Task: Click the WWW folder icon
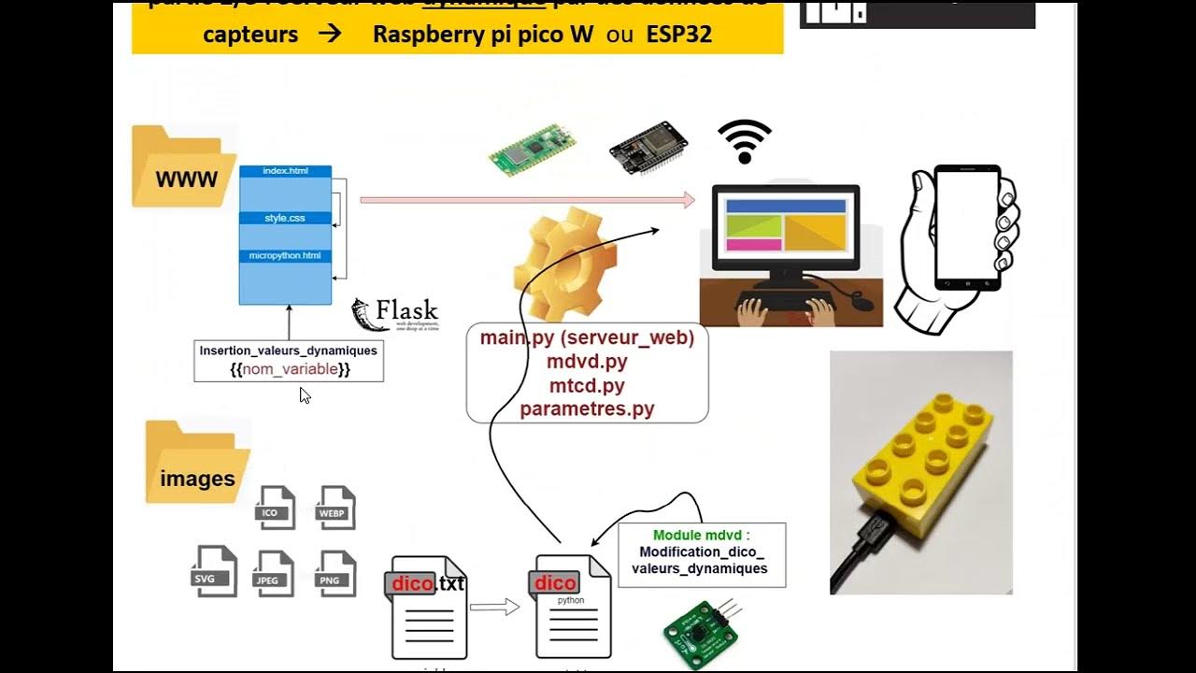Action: point(183,168)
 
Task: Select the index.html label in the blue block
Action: point(284,171)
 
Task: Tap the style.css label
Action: point(285,218)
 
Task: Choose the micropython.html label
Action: point(285,255)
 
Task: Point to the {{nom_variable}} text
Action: point(290,369)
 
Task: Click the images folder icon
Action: point(196,464)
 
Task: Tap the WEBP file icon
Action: point(335,508)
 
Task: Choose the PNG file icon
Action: point(335,573)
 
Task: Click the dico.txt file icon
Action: point(428,607)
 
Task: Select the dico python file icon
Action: point(572,607)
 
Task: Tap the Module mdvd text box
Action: point(702,555)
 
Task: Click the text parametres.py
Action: point(587,408)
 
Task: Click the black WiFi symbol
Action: point(745,141)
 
